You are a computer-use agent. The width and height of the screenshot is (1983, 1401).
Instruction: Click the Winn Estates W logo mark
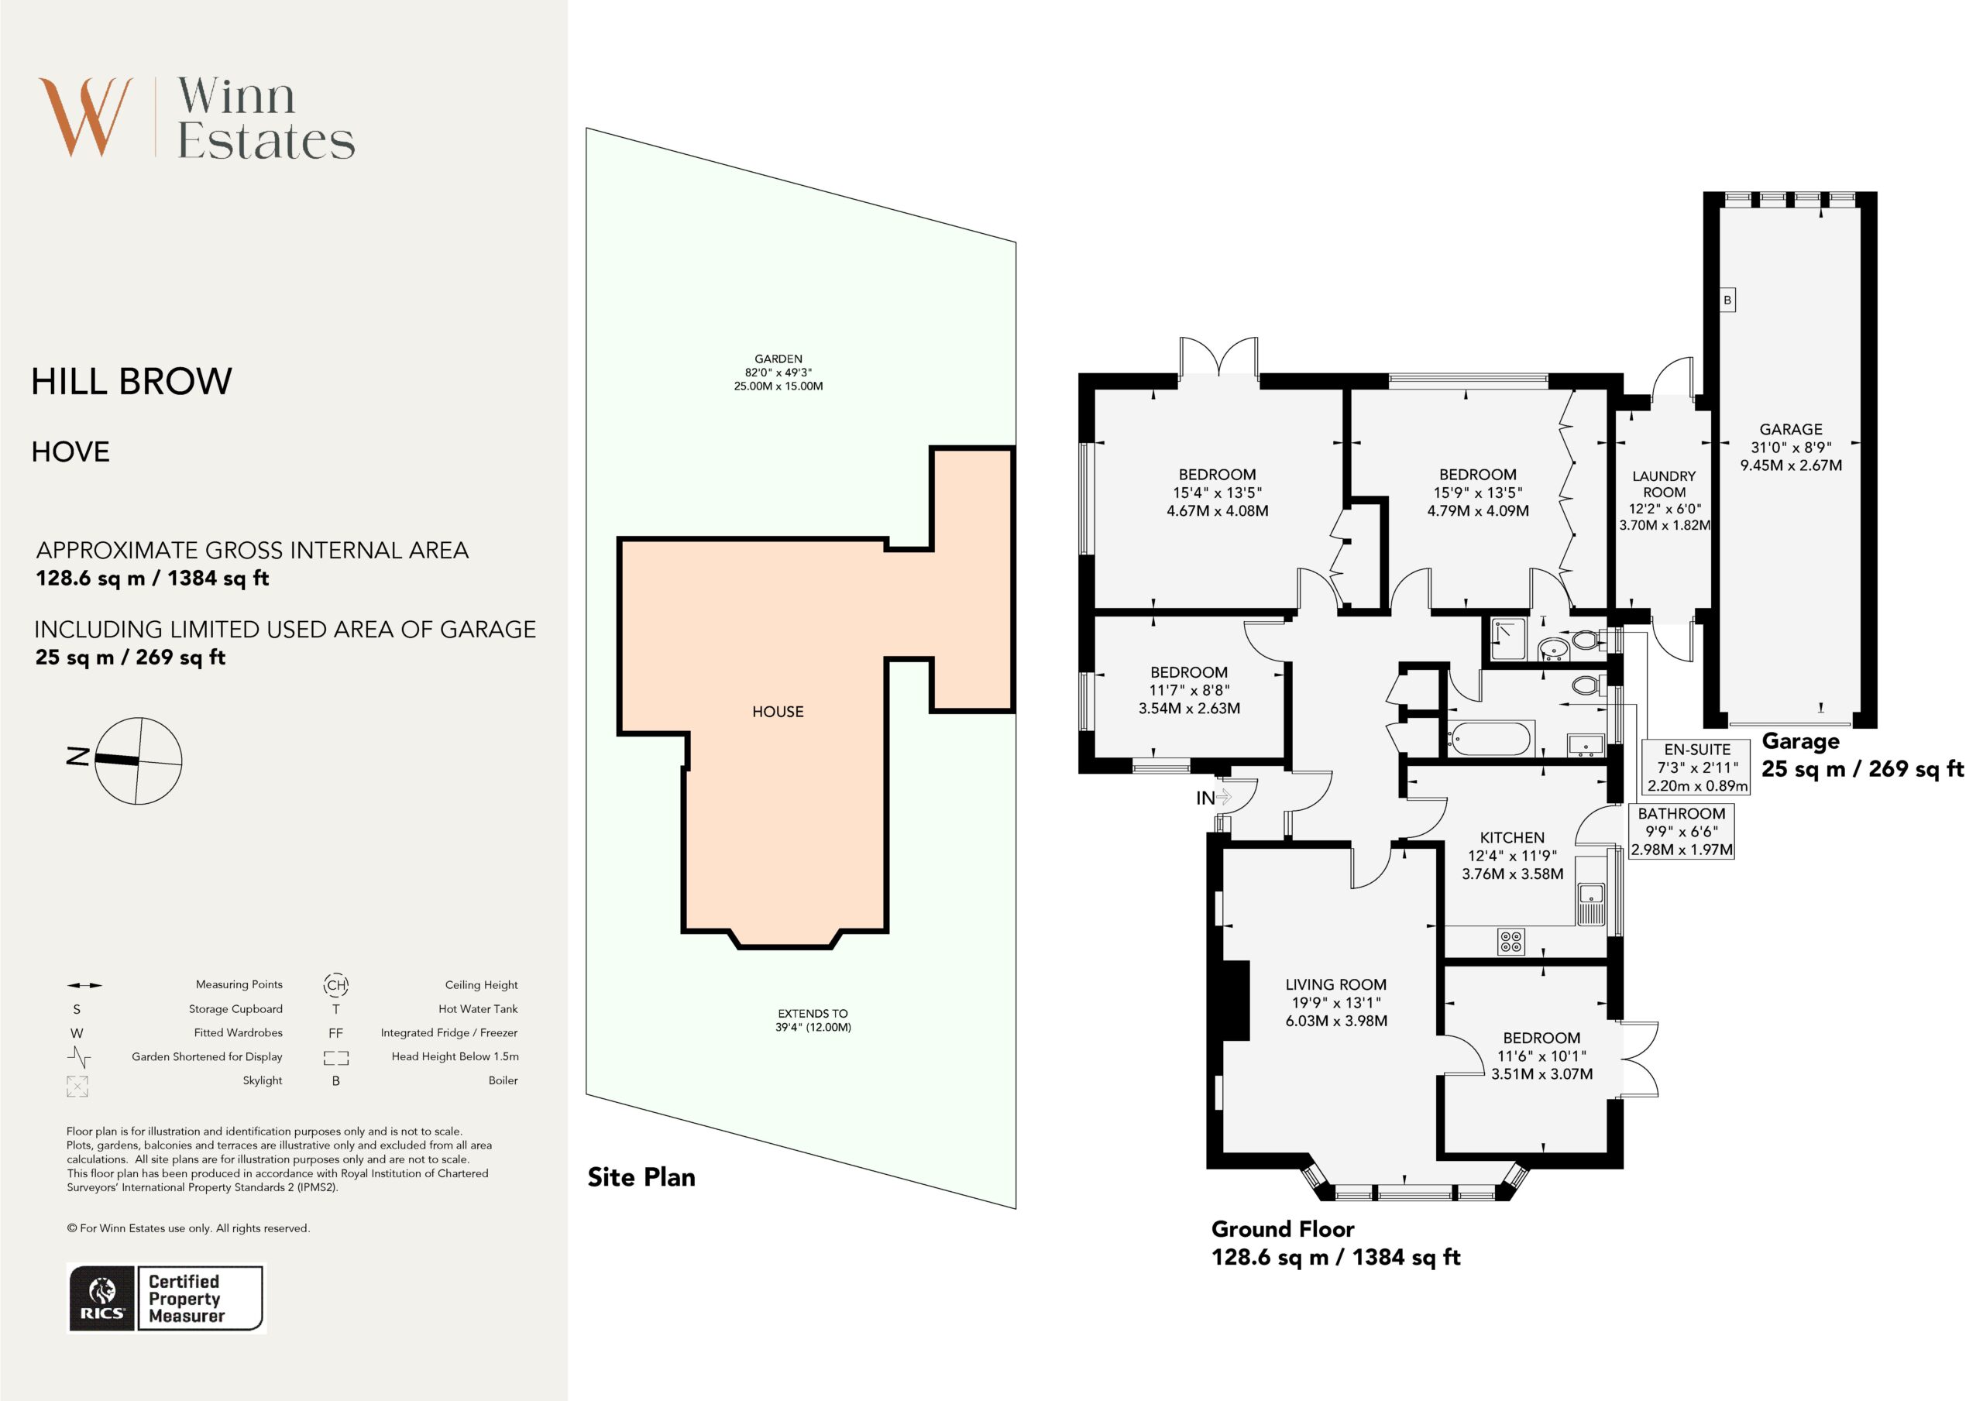point(85,118)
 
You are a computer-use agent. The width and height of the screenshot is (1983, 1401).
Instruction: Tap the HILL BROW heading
point(131,381)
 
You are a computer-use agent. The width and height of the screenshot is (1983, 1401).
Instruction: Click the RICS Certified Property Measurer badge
point(166,1298)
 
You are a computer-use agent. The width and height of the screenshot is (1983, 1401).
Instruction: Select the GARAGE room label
point(1790,429)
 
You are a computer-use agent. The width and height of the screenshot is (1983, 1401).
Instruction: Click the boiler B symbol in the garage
point(1727,300)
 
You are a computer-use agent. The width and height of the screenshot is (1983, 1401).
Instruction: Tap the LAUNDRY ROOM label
point(1663,484)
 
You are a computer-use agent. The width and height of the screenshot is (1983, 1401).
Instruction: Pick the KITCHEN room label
point(1512,837)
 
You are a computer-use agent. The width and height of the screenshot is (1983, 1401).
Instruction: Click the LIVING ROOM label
point(1335,984)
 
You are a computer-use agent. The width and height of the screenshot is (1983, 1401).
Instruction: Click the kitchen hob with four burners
point(1511,941)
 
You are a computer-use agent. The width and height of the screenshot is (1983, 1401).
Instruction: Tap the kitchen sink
point(1591,905)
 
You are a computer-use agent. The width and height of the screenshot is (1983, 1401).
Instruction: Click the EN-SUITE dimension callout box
point(1696,767)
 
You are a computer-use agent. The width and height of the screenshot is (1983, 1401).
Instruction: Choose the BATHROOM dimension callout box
point(1681,831)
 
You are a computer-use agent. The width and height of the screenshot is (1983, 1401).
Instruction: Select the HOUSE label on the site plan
point(777,712)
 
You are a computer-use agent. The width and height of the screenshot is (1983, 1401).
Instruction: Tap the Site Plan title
point(641,1176)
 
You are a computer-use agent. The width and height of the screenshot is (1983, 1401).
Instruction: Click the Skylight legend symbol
point(77,1086)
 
